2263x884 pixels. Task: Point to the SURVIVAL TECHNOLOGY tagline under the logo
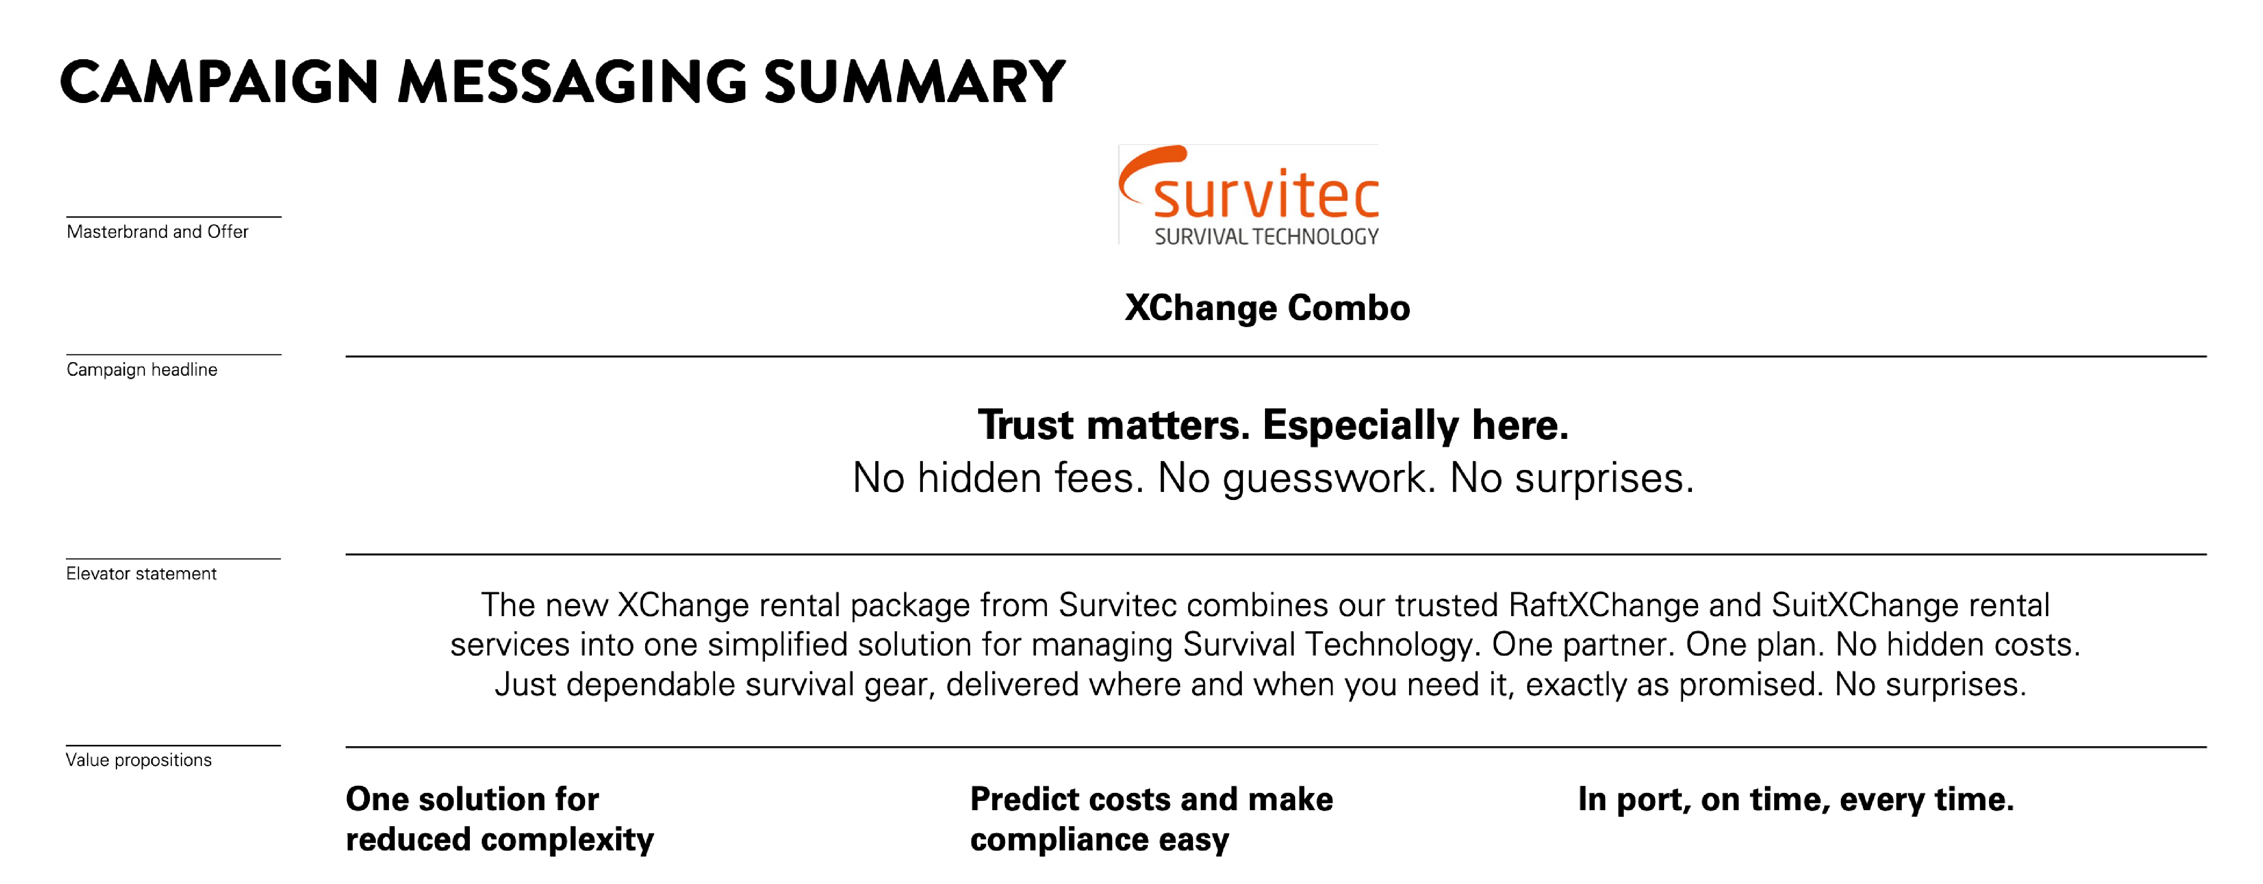(1266, 236)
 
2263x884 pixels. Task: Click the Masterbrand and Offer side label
(157, 232)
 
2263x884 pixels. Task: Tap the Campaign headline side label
(141, 370)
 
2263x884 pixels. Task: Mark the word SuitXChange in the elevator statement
(1864, 606)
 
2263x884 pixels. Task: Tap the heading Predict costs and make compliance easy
(1151, 819)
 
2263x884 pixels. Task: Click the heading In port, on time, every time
(1796, 800)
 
